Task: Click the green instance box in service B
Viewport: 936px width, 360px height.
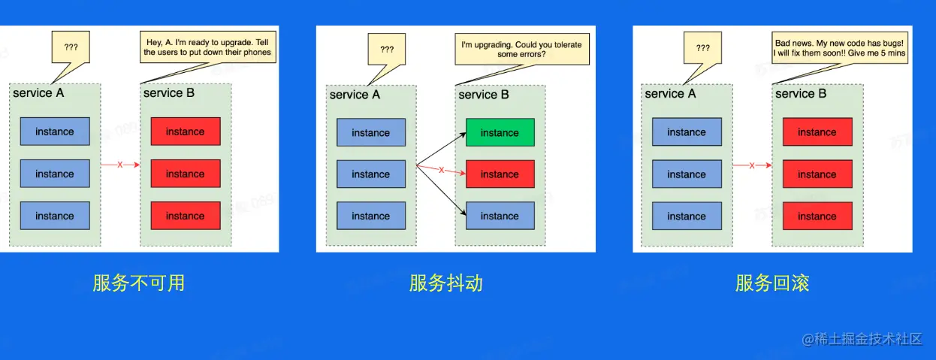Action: [500, 132]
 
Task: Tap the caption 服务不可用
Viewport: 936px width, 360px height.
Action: [139, 283]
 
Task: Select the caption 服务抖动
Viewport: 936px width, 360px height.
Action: [446, 283]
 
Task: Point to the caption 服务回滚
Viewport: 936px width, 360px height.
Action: [772, 283]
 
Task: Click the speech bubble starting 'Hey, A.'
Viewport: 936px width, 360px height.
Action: [207, 47]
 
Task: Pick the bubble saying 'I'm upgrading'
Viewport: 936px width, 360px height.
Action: [522, 50]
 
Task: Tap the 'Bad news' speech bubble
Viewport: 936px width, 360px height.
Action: [840, 47]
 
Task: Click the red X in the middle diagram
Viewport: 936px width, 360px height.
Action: [441, 170]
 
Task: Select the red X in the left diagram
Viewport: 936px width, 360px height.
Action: [120, 165]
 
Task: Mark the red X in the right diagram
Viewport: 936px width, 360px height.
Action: [752, 165]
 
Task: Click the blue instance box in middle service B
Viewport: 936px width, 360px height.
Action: [500, 216]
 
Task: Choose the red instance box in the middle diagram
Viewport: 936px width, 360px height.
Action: [500, 174]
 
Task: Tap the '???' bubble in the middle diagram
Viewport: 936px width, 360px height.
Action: [387, 50]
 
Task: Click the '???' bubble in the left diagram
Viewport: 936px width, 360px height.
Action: [71, 47]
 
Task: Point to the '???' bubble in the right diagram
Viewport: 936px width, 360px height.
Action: [703, 47]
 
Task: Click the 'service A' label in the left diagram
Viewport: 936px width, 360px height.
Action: [38, 93]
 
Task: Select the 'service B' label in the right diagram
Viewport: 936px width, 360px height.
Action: [801, 94]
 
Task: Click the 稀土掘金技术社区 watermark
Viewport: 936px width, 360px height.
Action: [862, 339]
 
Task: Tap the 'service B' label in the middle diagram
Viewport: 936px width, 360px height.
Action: [484, 95]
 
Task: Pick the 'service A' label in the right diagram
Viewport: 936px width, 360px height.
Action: [670, 94]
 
